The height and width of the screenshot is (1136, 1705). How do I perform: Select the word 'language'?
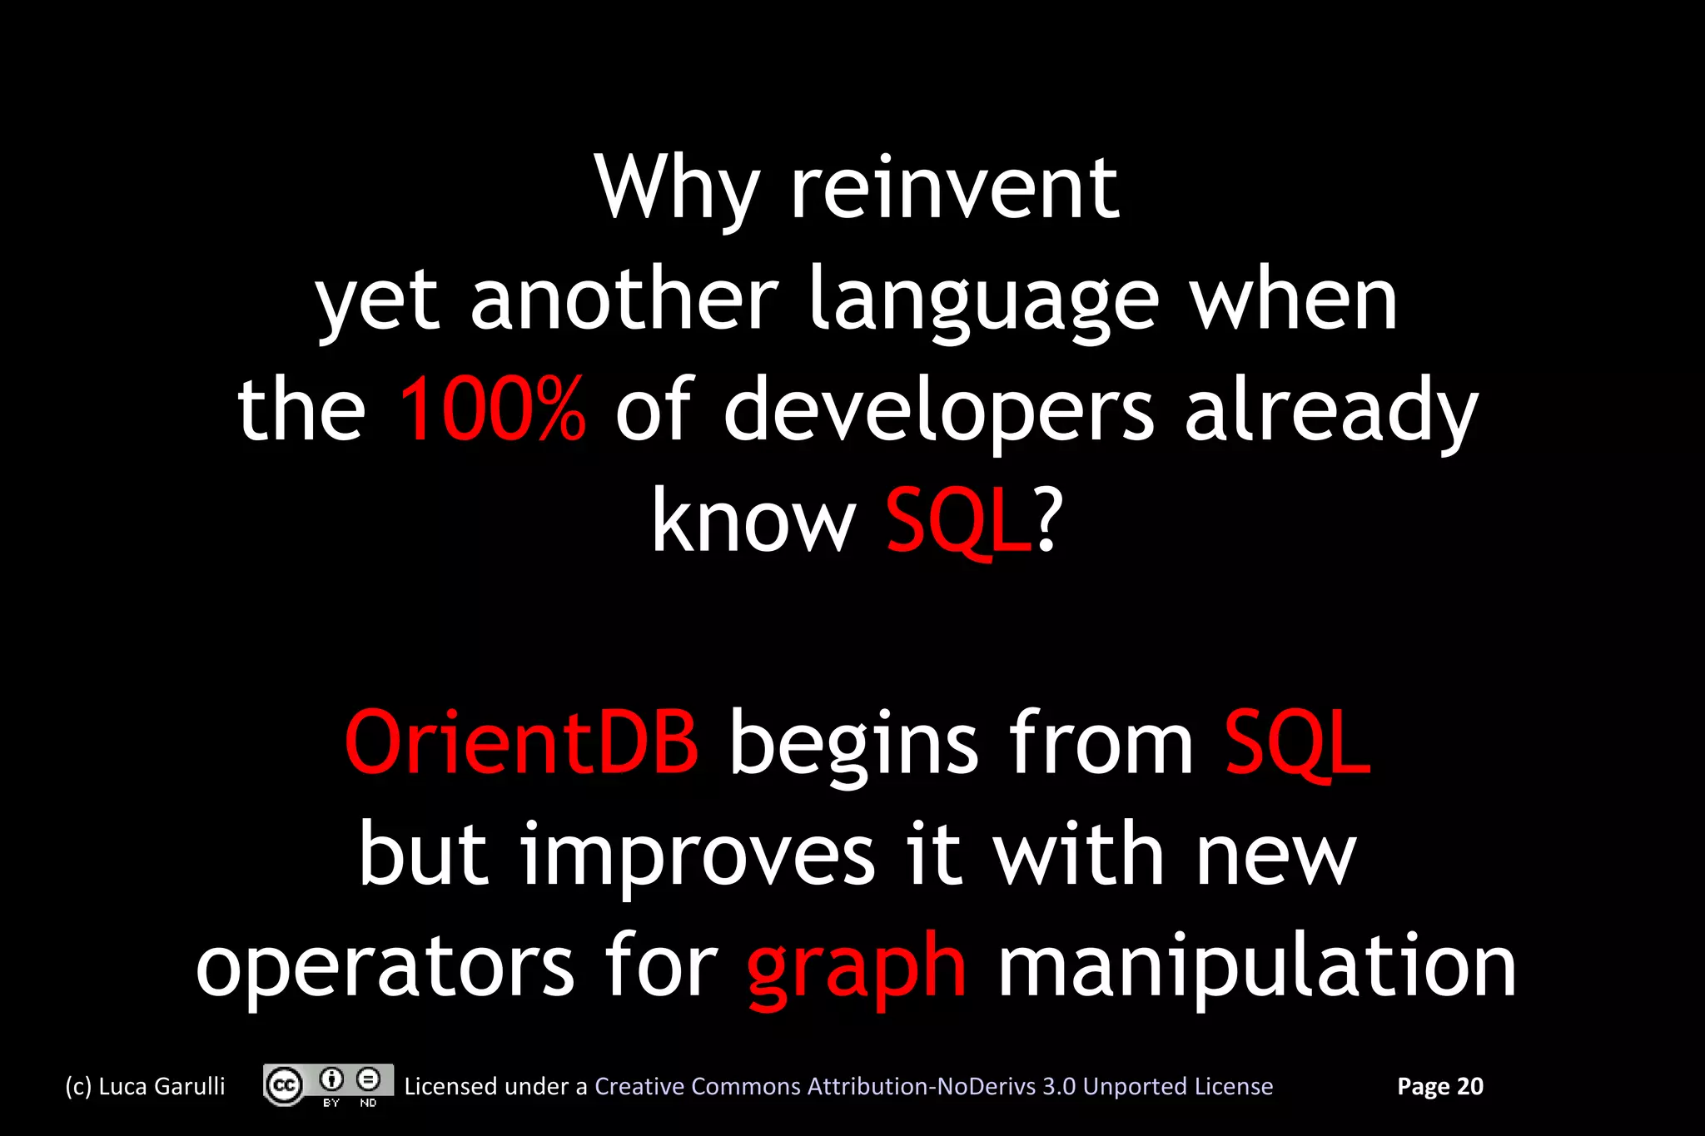[x=984, y=301]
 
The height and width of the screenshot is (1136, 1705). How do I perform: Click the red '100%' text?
[x=492, y=409]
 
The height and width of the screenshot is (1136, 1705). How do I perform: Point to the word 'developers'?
[x=938, y=411]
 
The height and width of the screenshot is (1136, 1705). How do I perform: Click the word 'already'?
[x=1330, y=411]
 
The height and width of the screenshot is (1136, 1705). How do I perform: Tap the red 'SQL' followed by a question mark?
[x=957, y=522]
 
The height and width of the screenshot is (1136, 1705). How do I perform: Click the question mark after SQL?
[x=1047, y=522]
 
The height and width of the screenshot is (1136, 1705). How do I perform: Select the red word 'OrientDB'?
[x=521, y=742]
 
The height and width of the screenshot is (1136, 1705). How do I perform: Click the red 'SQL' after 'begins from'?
[x=1296, y=742]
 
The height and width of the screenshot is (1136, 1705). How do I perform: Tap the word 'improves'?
[x=698, y=856]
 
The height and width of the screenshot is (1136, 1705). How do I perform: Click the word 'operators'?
[x=385, y=967]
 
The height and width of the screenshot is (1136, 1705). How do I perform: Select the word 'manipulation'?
[x=1257, y=967]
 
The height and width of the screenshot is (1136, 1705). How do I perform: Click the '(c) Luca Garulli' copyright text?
[x=146, y=1086]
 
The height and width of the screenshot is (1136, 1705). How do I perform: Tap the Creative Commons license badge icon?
[x=328, y=1085]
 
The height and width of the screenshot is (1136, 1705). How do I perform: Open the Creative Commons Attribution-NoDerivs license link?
[x=933, y=1086]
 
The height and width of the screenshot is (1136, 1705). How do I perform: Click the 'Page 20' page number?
[x=1439, y=1086]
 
